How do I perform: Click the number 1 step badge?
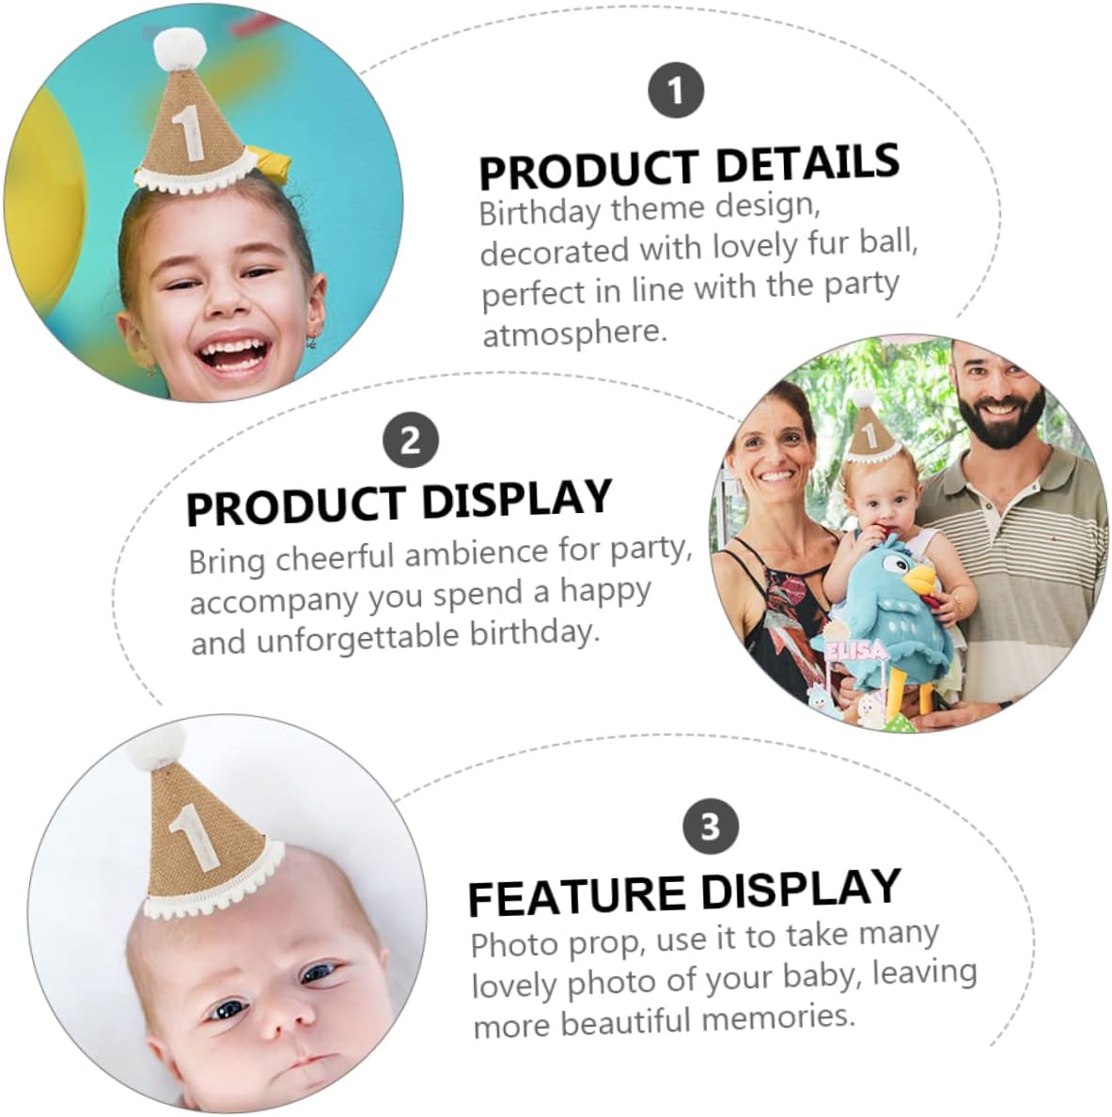676,90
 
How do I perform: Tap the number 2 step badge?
411,441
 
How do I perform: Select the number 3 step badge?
710,827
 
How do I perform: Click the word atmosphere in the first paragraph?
574,333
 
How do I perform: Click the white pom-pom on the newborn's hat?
155,745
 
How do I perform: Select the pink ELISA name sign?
856,649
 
